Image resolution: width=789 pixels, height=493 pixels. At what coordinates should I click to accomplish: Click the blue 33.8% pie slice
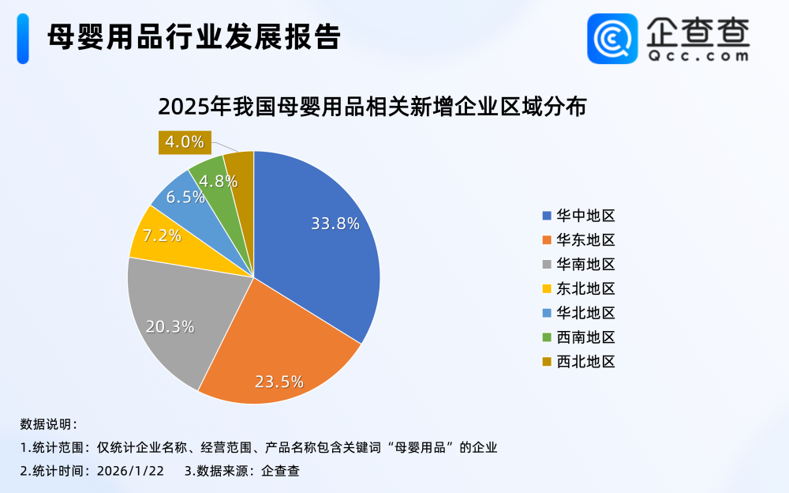pyautogui.click(x=323, y=237)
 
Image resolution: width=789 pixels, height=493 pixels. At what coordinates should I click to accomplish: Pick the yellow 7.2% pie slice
pyautogui.click(x=158, y=235)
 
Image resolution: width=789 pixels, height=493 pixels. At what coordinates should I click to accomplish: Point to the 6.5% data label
pyautogui.click(x=185, y=197)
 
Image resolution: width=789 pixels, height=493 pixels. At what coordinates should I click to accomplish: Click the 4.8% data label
pyautogui.click(x=219, y=180)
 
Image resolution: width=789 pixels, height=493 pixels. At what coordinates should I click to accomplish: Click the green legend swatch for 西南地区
pyautogui.click(x=547, y=337)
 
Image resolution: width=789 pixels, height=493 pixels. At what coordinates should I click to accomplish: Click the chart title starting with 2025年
pyautogui.click(x=372, y=107)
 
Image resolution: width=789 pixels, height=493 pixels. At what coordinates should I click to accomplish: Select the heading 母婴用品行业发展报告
pyautogui.click(x=193, y=36)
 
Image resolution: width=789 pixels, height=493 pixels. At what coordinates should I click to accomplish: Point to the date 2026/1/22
pyautogui.click(x=130, y=471)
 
